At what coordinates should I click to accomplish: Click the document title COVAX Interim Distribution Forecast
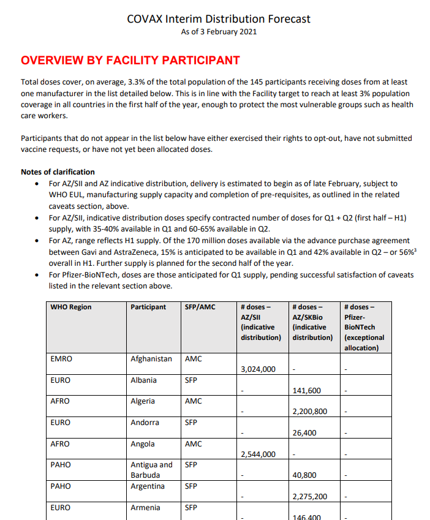coord(219,19)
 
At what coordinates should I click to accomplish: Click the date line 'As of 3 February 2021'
coord(219,32)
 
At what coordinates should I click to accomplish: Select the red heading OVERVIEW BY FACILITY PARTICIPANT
coord(130,61)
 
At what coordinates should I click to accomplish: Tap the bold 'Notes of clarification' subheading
coord(58,172)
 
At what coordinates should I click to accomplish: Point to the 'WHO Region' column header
coord(71,307)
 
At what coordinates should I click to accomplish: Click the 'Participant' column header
coord(148,307)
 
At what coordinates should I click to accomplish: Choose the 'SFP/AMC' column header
coord(200,307)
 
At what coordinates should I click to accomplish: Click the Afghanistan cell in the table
coord(151,359)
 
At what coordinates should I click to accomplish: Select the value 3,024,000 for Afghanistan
coord(258,369)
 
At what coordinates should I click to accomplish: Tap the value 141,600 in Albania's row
coord(307,391)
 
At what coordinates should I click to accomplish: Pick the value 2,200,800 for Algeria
coord(310,412)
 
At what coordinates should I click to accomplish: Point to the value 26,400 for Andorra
coord(304,433)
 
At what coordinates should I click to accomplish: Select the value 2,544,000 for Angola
coord(258,454)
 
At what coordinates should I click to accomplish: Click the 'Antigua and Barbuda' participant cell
coord(151,470)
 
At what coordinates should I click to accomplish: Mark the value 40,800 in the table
coord(304,475)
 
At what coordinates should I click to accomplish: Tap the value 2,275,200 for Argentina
coord(310,497)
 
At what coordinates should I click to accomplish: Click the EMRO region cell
coord(61,359)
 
